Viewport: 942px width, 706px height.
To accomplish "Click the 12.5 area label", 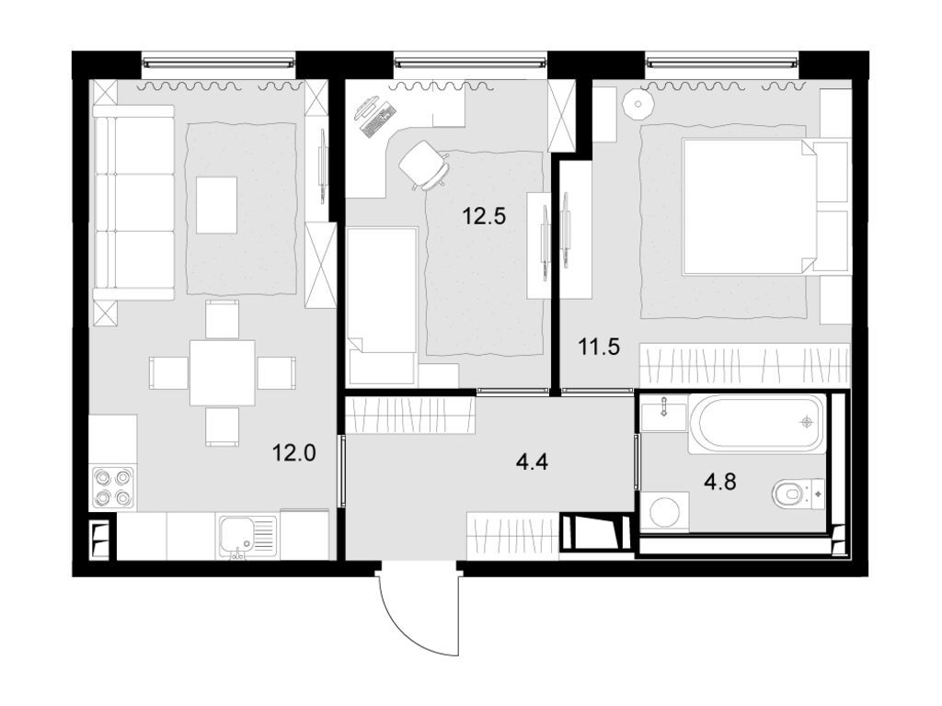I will (x=484, y=217).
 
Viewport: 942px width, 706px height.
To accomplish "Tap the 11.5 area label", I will (x=599, y=347).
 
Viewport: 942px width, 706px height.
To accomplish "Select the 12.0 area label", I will (x=293, y=451).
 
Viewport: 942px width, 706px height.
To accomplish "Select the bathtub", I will (x=758, y=423).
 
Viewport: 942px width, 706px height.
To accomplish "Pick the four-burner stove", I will (x=112, y=488).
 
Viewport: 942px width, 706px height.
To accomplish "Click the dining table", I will (x=222, y=372).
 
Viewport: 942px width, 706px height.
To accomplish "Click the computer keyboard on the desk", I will (x=379, y=118).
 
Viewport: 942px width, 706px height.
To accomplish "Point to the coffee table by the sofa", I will (x=216, y=204).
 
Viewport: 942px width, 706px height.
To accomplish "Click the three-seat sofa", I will (x=133, y=202).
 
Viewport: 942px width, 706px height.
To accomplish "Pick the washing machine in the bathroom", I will (x=663, y=512).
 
